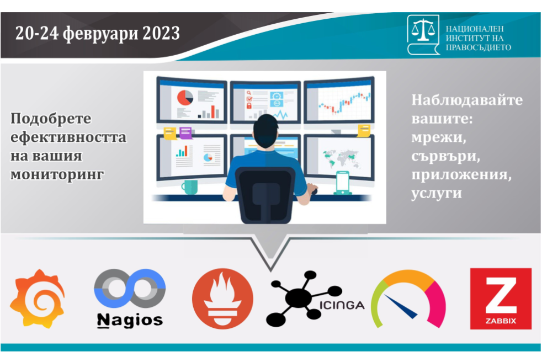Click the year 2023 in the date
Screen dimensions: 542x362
[161, 34]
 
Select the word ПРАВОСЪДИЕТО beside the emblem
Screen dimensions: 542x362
[479, 47]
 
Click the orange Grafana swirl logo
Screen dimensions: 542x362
[38, 299]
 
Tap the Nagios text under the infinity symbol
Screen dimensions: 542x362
[130, 320]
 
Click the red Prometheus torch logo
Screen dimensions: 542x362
[222, 299]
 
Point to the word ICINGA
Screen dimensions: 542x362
[342, 305]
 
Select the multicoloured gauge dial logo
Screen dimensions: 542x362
[408, 299]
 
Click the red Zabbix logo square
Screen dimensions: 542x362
[501, 299]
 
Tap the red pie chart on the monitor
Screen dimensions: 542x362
[185, 97]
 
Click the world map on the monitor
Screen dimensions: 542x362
[341, 158]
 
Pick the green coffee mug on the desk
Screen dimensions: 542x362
[190, 187]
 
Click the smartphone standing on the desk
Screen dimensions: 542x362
[343, 183]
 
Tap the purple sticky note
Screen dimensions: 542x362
[185, 133]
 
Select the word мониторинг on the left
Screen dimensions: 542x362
[57, 174]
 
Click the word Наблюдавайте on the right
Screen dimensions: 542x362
[467, 100]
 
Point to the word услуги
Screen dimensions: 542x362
[437, 193]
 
